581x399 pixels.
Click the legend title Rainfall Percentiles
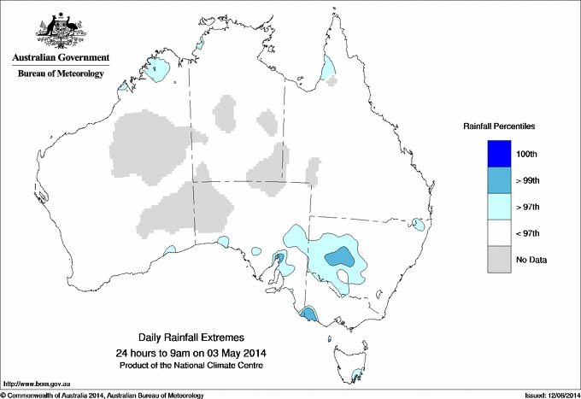[499, 126]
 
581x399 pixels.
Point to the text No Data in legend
[531, 260]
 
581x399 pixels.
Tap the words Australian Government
[61, 58]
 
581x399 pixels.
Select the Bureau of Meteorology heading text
[61, 73]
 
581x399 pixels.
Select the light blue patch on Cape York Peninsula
[328, 67]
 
